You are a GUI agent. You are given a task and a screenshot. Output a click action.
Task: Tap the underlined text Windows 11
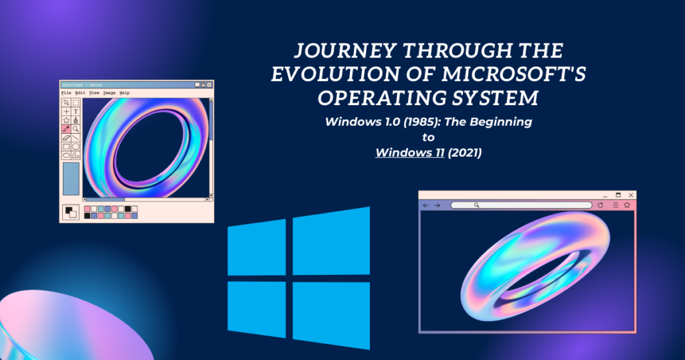pos(405,153)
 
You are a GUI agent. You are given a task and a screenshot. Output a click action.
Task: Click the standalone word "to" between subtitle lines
pos(428,137)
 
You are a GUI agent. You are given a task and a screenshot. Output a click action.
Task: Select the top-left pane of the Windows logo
pos(258,250)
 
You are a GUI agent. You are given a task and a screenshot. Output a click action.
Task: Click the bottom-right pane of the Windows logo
pos(332,312)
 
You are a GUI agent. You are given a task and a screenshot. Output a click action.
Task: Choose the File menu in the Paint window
pos(66,92)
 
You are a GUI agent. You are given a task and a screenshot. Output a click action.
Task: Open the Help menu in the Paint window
pos(124,92)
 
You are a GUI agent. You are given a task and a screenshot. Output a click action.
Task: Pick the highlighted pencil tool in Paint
pos(66,128)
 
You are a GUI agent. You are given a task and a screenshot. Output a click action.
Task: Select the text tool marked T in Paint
pos(76,111)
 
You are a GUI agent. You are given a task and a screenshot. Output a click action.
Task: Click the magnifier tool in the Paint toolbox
pos(76,128)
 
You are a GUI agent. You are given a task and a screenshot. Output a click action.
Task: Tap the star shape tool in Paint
pos(66,120)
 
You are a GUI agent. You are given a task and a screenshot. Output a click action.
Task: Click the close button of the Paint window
pos(209,85)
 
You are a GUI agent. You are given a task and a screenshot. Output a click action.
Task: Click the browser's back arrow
pos(426,205)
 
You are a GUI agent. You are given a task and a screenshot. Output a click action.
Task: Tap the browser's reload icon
pos(600,205)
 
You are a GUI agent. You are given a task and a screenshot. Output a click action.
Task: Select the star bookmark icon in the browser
pos(627,205)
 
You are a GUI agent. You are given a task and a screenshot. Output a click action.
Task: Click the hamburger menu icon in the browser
pos(615,205)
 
